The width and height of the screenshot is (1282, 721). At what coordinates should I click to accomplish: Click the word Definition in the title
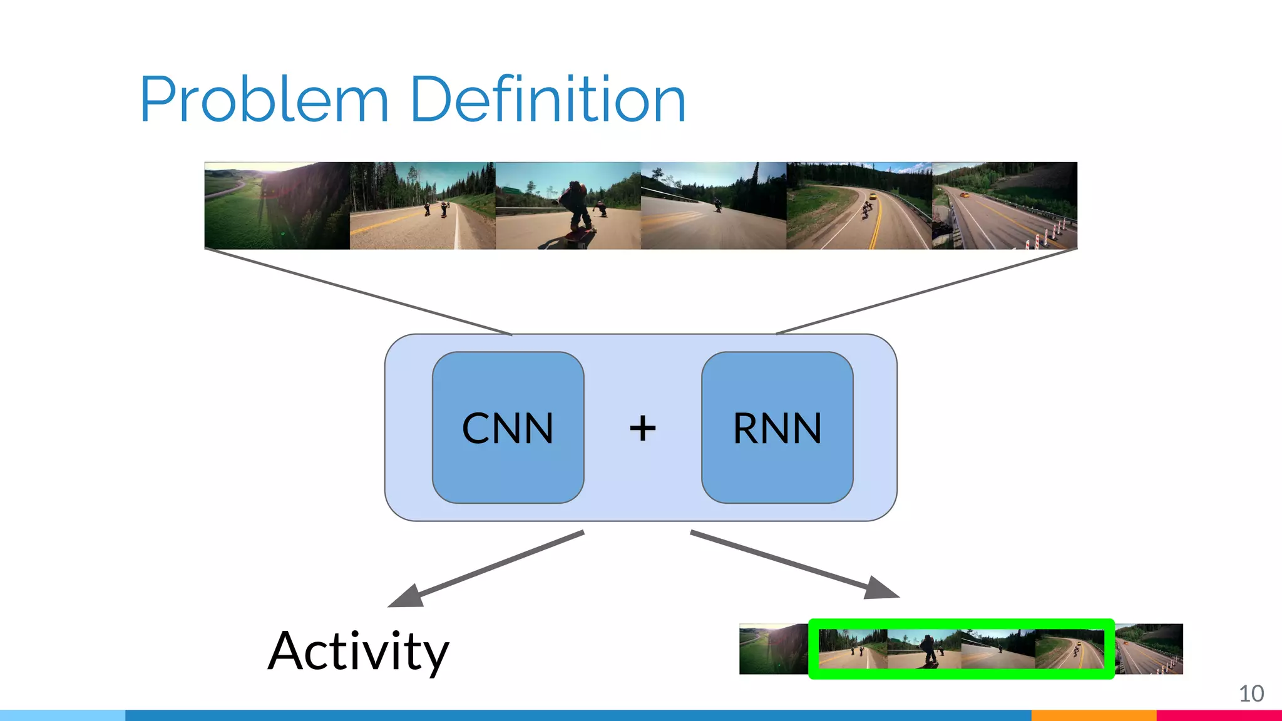(x=548, y=100)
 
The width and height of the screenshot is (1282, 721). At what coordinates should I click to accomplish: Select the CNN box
(x=508, y=428)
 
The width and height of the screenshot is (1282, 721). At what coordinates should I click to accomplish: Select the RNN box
(x=777, y=428)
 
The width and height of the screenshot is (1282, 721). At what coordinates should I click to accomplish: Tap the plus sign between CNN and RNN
(x=642, y=429)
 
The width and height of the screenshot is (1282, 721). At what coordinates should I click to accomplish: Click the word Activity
(x=358, y=652)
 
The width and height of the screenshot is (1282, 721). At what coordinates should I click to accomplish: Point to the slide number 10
(x=1251, y=693)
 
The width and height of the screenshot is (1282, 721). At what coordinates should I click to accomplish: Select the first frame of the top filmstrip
(x=277, y=206)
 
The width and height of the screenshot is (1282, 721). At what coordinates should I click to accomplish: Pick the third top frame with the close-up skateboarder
(x=568, y=206)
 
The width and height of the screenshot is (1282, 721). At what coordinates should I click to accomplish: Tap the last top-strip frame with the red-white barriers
(x=1004, y=206)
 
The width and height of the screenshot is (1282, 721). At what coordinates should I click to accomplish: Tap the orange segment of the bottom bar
(x=1093, y=715)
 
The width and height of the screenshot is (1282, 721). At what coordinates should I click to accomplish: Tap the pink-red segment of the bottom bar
(x=1219, y=715)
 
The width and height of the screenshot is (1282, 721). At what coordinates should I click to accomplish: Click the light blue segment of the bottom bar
(x=63, y=715)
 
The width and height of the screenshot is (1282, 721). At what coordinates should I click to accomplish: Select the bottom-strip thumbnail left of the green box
(x=774, y=649)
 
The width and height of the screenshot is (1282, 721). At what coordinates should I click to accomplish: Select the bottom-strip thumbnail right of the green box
(x=1149, y=649)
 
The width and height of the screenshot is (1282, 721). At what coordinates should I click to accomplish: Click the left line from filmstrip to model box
(x=358, y=292)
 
